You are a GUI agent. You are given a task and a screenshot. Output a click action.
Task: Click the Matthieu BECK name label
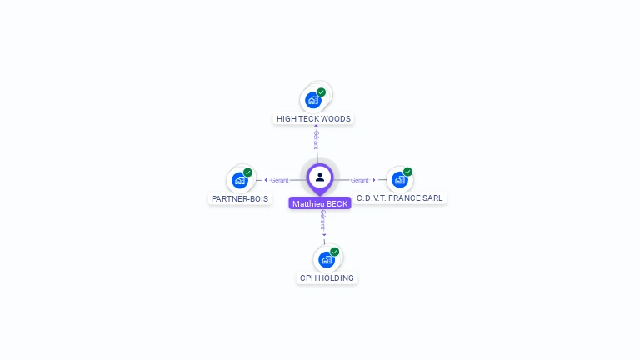(320, 203)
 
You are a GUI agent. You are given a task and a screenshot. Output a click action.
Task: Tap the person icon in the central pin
(320, 177)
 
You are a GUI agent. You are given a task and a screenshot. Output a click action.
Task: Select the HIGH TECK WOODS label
(313, 119)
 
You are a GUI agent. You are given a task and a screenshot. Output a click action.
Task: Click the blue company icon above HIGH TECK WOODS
(313, 100)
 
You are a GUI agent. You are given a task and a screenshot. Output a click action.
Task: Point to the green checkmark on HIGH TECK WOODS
(321, 92)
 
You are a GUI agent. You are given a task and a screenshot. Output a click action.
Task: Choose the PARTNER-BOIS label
(240, 199)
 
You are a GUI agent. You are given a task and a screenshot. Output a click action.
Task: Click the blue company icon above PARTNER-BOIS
(240, 180)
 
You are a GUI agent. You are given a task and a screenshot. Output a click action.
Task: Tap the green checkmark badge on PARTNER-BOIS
(247, 172)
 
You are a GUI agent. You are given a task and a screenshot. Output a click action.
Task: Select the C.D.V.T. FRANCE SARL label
(400, 198)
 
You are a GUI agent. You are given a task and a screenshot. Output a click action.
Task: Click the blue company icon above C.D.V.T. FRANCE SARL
(400, 179)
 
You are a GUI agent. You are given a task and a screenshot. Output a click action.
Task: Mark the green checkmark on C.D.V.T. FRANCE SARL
(407, 172)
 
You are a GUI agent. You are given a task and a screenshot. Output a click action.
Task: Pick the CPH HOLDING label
(327, 278)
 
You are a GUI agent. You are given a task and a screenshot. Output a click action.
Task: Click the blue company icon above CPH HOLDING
(327, 259)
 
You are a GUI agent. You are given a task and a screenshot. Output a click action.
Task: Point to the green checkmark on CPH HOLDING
(335, 252)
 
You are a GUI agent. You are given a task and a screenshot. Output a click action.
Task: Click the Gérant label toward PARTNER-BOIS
(280, 180)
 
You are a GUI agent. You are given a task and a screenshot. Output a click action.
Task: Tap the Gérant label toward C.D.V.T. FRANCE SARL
(360, 180)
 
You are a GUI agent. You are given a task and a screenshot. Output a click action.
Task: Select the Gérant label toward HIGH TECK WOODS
(317, 140)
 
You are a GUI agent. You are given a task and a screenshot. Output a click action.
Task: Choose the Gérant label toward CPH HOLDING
(323, 220)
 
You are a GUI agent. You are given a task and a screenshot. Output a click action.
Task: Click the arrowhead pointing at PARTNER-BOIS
(266, 180)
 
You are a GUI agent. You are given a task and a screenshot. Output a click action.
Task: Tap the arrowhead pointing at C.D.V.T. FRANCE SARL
(374, 180)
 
